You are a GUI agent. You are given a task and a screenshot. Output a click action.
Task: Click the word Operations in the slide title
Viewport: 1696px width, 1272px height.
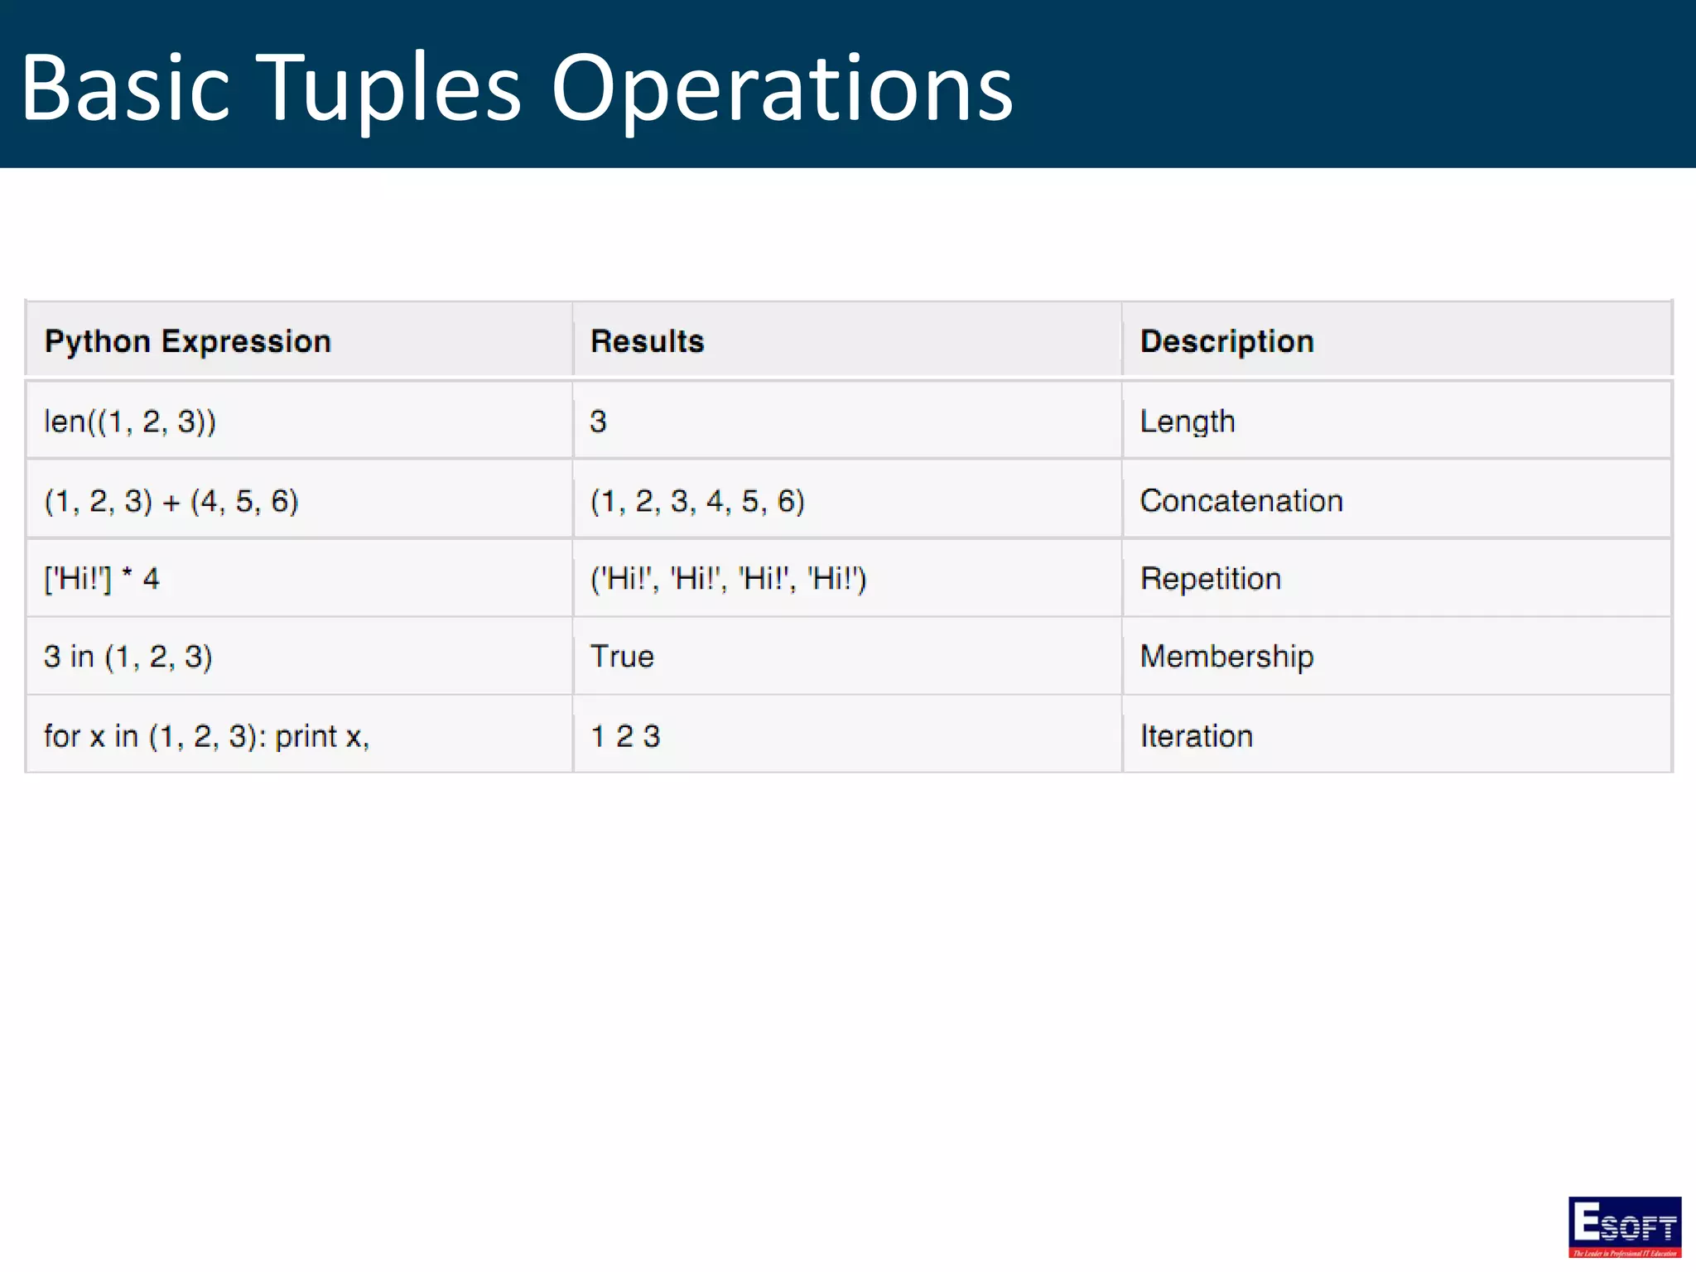pos(781,89)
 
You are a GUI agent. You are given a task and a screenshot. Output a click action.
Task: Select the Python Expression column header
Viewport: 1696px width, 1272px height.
pos(188,341)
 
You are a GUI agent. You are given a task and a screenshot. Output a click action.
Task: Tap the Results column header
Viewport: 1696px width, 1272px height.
pos(647,341)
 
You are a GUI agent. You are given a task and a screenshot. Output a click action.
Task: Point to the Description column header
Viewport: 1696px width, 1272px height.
pos(1226,341)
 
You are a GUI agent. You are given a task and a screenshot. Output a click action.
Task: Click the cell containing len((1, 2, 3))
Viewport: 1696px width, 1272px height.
pos(130,422)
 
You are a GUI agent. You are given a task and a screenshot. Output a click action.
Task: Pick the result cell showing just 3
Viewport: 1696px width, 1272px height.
pos(598,422)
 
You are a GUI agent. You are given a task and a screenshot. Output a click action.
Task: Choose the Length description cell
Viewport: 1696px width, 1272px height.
pos(1187,422)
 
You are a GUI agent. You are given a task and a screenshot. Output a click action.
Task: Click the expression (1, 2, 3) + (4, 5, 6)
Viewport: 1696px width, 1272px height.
pos(171,501)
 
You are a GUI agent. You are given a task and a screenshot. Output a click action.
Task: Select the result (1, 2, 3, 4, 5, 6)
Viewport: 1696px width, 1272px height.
pos(697,501)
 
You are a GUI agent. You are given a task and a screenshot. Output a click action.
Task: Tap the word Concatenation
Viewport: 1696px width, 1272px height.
pos(1241,501)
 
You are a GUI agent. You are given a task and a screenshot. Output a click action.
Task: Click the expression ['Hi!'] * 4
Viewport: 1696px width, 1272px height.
pos(101,578)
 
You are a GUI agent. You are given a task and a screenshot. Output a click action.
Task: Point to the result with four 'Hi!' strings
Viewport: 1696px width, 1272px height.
pos(728,578)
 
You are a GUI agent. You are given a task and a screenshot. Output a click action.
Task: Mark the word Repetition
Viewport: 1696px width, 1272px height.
pos(1210,578)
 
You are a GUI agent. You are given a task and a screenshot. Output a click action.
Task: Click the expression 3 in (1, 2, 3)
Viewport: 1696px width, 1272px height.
pos(128,657)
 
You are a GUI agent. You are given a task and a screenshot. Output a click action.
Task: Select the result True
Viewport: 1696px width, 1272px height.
pos(622,657)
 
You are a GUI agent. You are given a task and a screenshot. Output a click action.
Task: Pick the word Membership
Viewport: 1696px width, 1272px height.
pos(1226,657)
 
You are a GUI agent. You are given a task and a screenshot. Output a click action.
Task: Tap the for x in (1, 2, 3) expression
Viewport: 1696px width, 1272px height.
pos(206,736)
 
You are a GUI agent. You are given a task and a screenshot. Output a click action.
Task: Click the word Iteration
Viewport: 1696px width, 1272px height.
pos(1196,736)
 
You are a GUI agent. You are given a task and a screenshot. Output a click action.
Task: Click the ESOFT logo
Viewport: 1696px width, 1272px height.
pos(1624,1226)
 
